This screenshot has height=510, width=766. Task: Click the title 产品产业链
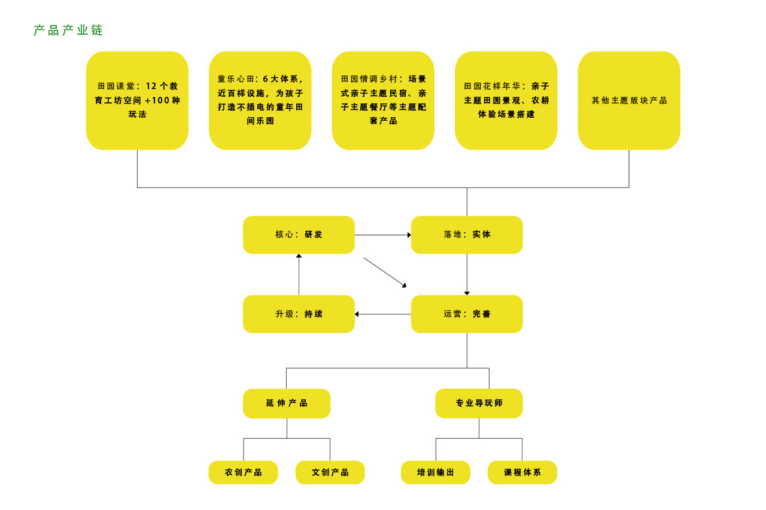(x=68, y=30)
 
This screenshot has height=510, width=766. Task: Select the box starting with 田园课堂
(x=137, y=100)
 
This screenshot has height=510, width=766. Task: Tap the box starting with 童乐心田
(x=260, y=100)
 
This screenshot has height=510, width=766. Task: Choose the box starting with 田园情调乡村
(x=383, y=100)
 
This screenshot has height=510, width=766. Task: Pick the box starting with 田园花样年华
(x=506, y=100)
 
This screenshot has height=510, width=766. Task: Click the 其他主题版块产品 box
(x=629, y=100)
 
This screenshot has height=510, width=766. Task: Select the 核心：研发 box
(x=299, y=235)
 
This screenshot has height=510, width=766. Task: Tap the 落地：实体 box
(x=467, y=235)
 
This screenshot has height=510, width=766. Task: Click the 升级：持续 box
(x=299, y=314)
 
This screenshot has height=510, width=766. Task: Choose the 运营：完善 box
(x=467, y=314)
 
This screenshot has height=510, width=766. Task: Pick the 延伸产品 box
(x=287, y=404)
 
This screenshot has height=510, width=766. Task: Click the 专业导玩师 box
(x=479, y=404)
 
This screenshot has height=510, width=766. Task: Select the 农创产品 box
(x=244, y=472)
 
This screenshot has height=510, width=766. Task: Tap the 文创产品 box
(x=330, y=472)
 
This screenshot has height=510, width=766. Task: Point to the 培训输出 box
(x=436, y=472)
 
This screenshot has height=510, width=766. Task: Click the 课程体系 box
(x=522, y=472)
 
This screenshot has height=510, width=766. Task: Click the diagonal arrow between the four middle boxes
(x=385, y=273)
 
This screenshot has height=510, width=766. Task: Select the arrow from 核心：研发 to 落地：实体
(x=383, y=235)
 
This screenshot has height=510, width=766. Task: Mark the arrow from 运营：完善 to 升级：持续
(x=383, y=314)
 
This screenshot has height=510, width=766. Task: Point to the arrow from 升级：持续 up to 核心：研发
(x=299, y=274)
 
